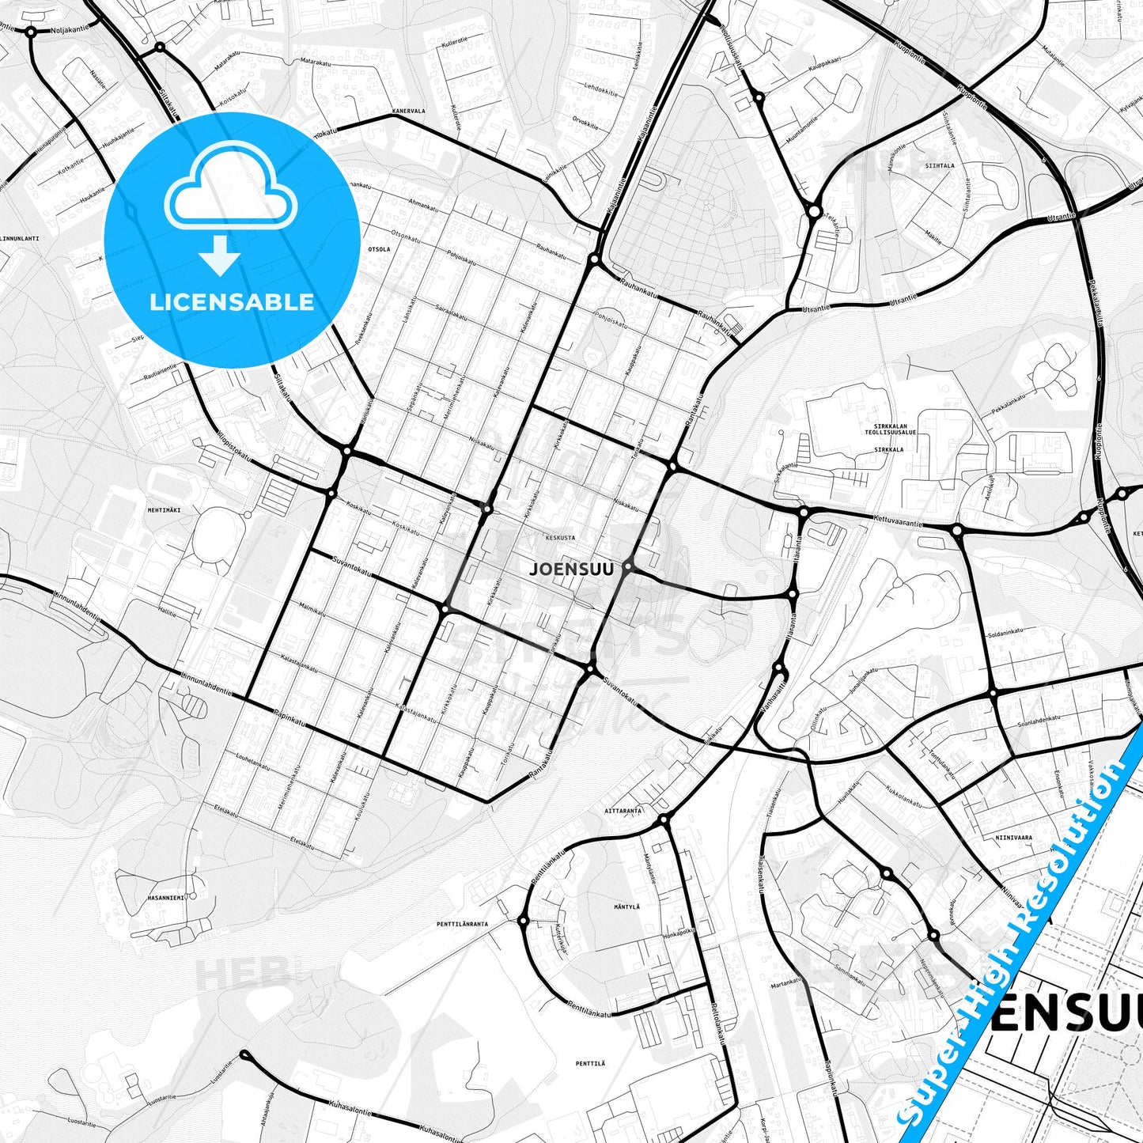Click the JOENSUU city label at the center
click(x=570, y=568)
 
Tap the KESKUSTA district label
click(x=560, y=537)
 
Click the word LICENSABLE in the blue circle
click(x=232, y=302)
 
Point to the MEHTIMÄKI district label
click(x=164, y=510)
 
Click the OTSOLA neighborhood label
click(x=379, y=249)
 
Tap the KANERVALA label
click(x=408, y=112)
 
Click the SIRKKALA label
click(x=888, y=449)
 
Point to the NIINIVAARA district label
click(x=1014, y=838)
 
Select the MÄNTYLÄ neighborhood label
click(x=626, y=906)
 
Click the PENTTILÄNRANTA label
click(x=462, y=924)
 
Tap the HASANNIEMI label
click(x=166, y=898)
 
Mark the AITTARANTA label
click(x=623, y=811)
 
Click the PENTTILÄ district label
click(x=590, y=1064)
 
